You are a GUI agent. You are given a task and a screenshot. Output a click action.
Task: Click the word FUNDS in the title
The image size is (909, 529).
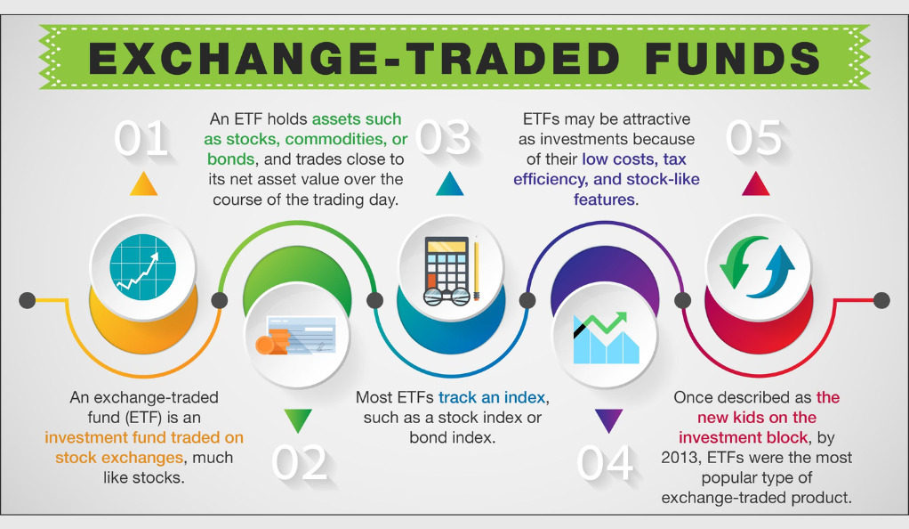(732, 58)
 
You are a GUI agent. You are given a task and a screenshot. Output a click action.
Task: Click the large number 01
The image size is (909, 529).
(141, 138)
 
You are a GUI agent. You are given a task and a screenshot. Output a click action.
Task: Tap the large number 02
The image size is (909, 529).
(299, 463)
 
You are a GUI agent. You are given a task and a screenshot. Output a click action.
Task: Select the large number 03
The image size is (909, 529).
(444, 138)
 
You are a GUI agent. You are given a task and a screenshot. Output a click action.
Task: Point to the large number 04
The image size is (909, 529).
(605, 463)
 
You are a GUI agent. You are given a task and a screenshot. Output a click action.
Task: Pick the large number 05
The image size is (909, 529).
(753, 138)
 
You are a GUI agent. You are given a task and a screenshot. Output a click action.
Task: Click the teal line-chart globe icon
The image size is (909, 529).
(142, 267)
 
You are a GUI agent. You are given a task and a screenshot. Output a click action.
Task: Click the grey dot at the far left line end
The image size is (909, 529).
(28, 300)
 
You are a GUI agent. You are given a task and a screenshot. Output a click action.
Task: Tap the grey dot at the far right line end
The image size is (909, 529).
(881, 300)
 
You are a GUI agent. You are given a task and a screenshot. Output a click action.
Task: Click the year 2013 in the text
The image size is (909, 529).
(679, 458)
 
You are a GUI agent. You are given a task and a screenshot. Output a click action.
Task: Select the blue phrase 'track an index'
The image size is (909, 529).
(492, 397)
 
